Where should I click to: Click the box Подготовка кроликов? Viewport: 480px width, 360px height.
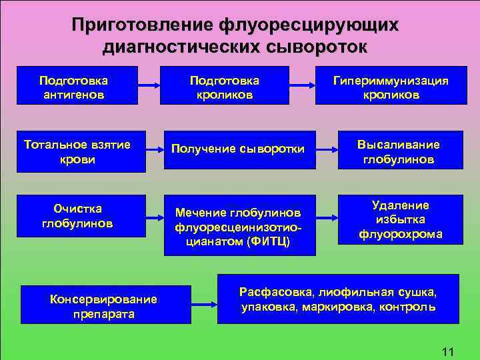click(x=225, y=86)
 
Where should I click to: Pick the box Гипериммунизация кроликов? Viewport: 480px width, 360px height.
click(x=391, y=86)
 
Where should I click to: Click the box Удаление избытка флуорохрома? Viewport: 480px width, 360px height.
click(x=401, y=220)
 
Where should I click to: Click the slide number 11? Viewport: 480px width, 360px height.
click(x=447, y=351)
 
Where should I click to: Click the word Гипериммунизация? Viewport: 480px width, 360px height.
click(x=391, y=80)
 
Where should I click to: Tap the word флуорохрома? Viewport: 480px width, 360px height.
click(x=401, y=234)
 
